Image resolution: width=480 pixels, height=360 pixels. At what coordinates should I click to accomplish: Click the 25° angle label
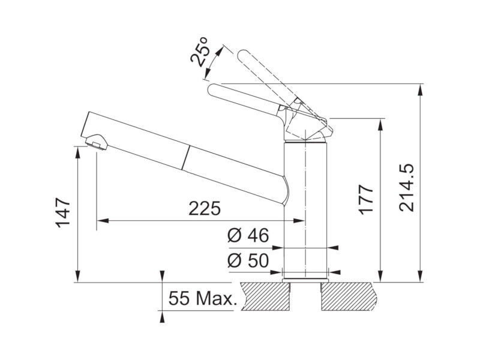(199, 52)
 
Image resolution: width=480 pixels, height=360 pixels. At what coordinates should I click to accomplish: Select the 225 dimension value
(205, 208)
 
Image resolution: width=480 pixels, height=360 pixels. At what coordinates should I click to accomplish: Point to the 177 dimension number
(366, 200)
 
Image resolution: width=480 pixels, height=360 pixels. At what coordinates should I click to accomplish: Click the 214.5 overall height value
(407, 188)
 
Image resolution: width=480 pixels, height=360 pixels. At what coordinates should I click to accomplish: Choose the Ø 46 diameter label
(248, 235)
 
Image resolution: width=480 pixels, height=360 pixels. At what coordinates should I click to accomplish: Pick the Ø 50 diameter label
(248, 260)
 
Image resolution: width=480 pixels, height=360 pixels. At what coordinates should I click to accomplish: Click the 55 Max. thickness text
(203, 298)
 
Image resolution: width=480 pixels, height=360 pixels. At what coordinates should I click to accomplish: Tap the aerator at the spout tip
(97, 142)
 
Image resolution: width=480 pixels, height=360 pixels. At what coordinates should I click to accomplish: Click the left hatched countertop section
(265, 296)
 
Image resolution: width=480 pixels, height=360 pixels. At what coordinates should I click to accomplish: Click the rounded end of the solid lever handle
(214, 90)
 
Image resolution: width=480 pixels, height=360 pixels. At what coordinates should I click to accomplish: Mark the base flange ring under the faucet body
(305, 280)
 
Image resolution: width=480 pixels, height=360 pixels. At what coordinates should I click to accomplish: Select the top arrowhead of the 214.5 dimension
(421, 89)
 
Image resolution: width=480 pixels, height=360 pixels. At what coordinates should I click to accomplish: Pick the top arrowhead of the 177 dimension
(380, 124)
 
